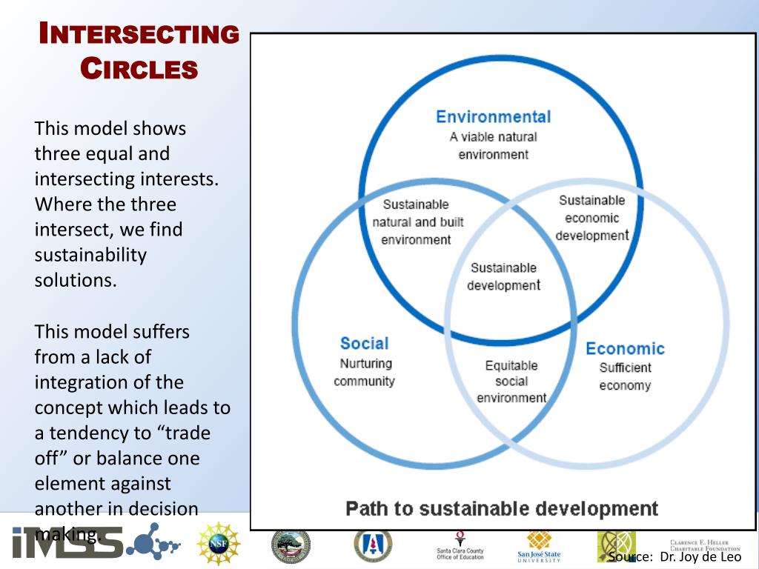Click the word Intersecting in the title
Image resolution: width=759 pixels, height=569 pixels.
click(139, 34)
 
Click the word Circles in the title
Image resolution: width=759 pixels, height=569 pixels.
click(139, 69)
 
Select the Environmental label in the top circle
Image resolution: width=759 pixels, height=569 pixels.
click(493, 117)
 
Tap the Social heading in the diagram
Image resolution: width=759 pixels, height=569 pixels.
click(364, 344)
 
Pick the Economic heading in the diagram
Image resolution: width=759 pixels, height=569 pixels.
click(625, 349)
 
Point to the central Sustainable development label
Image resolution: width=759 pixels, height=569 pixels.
click(503, 276)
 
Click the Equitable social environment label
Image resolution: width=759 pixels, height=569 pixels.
click(511, 382)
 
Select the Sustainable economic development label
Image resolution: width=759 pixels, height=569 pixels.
click(592, 218)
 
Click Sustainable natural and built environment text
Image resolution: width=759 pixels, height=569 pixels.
click(416, 222)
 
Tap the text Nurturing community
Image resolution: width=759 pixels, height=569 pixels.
click(365, 373)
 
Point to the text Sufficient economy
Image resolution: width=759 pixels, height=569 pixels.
click(625, 376)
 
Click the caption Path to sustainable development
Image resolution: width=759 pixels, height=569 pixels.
click(502, 509)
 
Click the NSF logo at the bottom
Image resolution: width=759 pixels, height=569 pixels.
click(219, 545)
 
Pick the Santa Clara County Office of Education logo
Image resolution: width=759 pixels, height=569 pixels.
click(460, 546)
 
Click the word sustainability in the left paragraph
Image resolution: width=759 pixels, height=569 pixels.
click(90, 256)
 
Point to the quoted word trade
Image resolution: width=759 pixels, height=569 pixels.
click(188, 433)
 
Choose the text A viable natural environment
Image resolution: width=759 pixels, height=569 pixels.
click(493, 145)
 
